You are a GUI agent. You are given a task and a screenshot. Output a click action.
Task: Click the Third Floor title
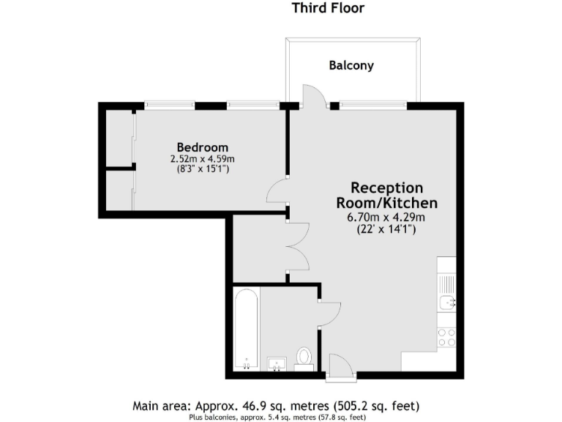328,9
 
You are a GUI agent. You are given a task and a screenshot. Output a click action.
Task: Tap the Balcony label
351,65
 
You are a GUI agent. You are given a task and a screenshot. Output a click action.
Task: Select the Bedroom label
198,147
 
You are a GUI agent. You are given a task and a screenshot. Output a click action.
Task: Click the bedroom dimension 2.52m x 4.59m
202,159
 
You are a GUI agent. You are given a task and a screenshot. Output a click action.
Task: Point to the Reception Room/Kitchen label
386,195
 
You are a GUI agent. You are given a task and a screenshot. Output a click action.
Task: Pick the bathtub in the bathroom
246,330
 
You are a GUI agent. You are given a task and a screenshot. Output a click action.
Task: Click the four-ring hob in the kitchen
446,337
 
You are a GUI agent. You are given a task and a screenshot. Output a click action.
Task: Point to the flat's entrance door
340,366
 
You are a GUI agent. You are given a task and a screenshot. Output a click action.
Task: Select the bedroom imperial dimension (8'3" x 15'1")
202,169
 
